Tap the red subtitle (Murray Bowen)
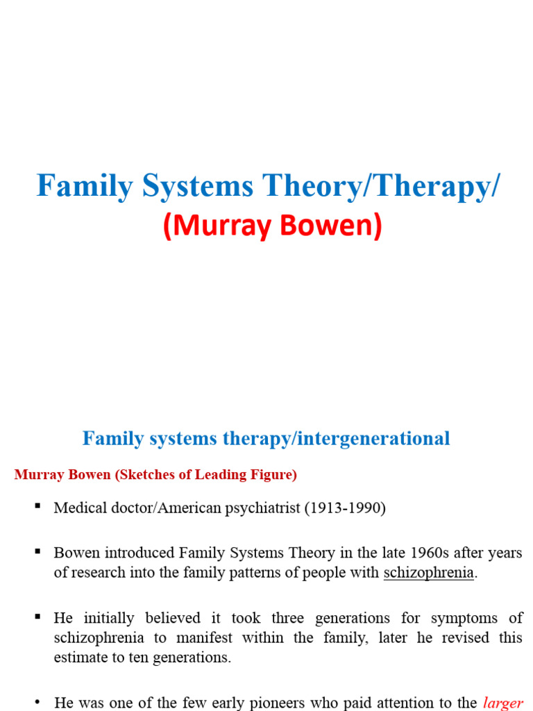(273, 228)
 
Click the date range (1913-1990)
(345, 508)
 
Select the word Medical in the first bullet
(78, 508)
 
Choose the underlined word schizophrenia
(428, 573)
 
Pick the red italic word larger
(505, 703)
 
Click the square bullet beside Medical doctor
(37, 507)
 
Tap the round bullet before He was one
(37, 702)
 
